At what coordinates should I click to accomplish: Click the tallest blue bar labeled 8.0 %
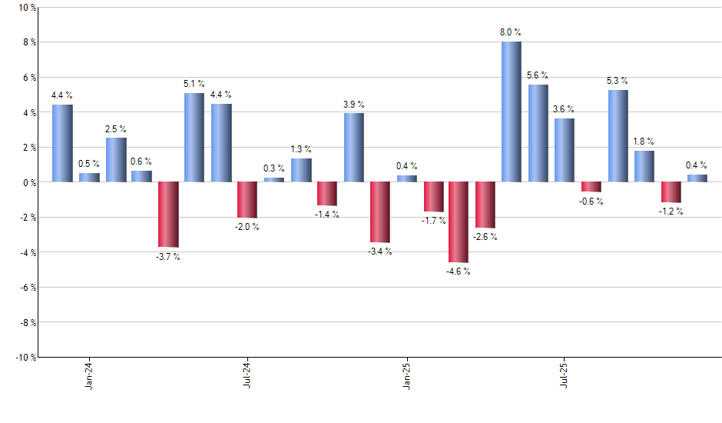pos(512,112)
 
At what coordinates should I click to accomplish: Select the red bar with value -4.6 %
pos(459,222)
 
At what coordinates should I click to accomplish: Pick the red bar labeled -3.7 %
pos(168,215)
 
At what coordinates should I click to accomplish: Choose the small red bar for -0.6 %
pos(591,187)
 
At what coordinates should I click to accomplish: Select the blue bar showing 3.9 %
pos(353,148)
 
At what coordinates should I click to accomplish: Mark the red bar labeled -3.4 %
pos(379,212)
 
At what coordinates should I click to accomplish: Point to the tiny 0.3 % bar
pos(274,180)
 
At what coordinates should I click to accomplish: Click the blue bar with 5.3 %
pos(618,136)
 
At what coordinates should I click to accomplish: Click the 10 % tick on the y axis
pos(28,8)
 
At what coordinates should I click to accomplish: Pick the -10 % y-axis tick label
pos(26,358)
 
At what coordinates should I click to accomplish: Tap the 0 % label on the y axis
pos(29,182)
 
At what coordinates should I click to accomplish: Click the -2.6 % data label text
pos(485,237)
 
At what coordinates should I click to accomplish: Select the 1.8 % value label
pos(644,142)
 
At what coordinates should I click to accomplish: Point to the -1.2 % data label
pos(671,211)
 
